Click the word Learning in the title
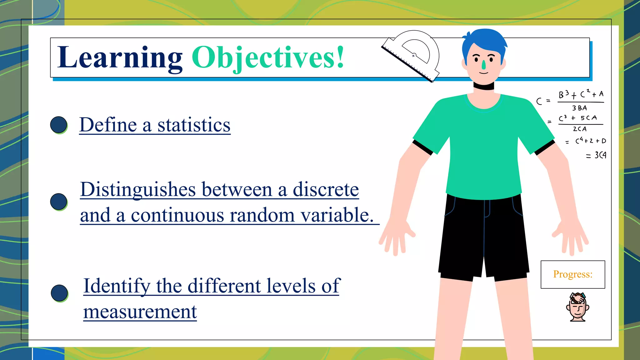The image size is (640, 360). [x=120, y=57]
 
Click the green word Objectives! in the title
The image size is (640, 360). [x=268, y=57]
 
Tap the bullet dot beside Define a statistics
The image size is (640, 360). [x=59, y=125]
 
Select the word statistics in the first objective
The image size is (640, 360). [x=194, y=125]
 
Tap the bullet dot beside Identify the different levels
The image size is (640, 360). [x=59, y=293]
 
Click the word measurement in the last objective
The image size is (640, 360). [x=140, y=312]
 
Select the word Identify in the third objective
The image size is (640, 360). [x=117, y=286]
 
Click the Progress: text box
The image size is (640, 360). [x=572, y=274]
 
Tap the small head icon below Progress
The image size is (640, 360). [x=577, y=307]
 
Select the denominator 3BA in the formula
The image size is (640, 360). [x=579, y=108]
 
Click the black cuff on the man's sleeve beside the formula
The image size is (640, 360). [x=544, y=147]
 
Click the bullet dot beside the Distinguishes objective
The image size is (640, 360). [x=59, y=202]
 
